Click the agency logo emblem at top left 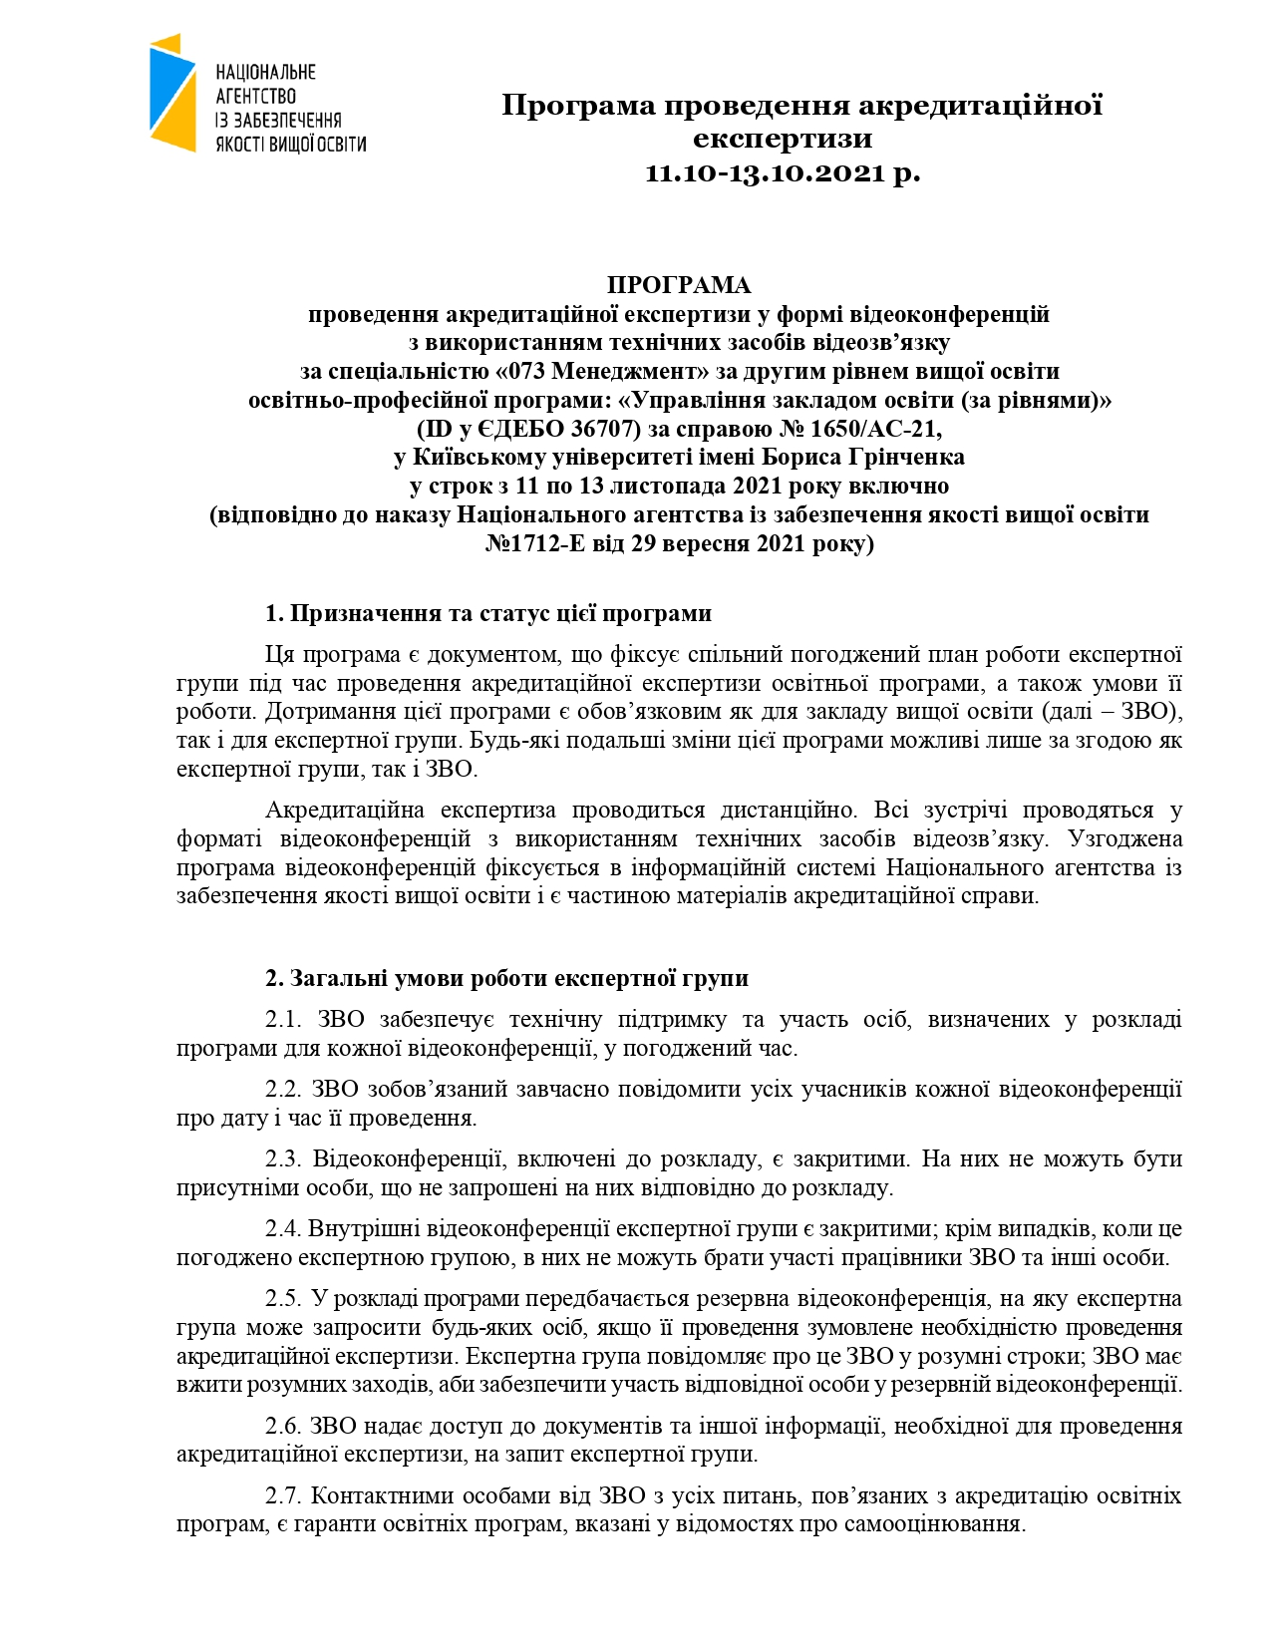click(x=173, y=92)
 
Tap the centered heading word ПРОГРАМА click(x=679, y=285)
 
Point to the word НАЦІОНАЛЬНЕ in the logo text click(x=266, y=72)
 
